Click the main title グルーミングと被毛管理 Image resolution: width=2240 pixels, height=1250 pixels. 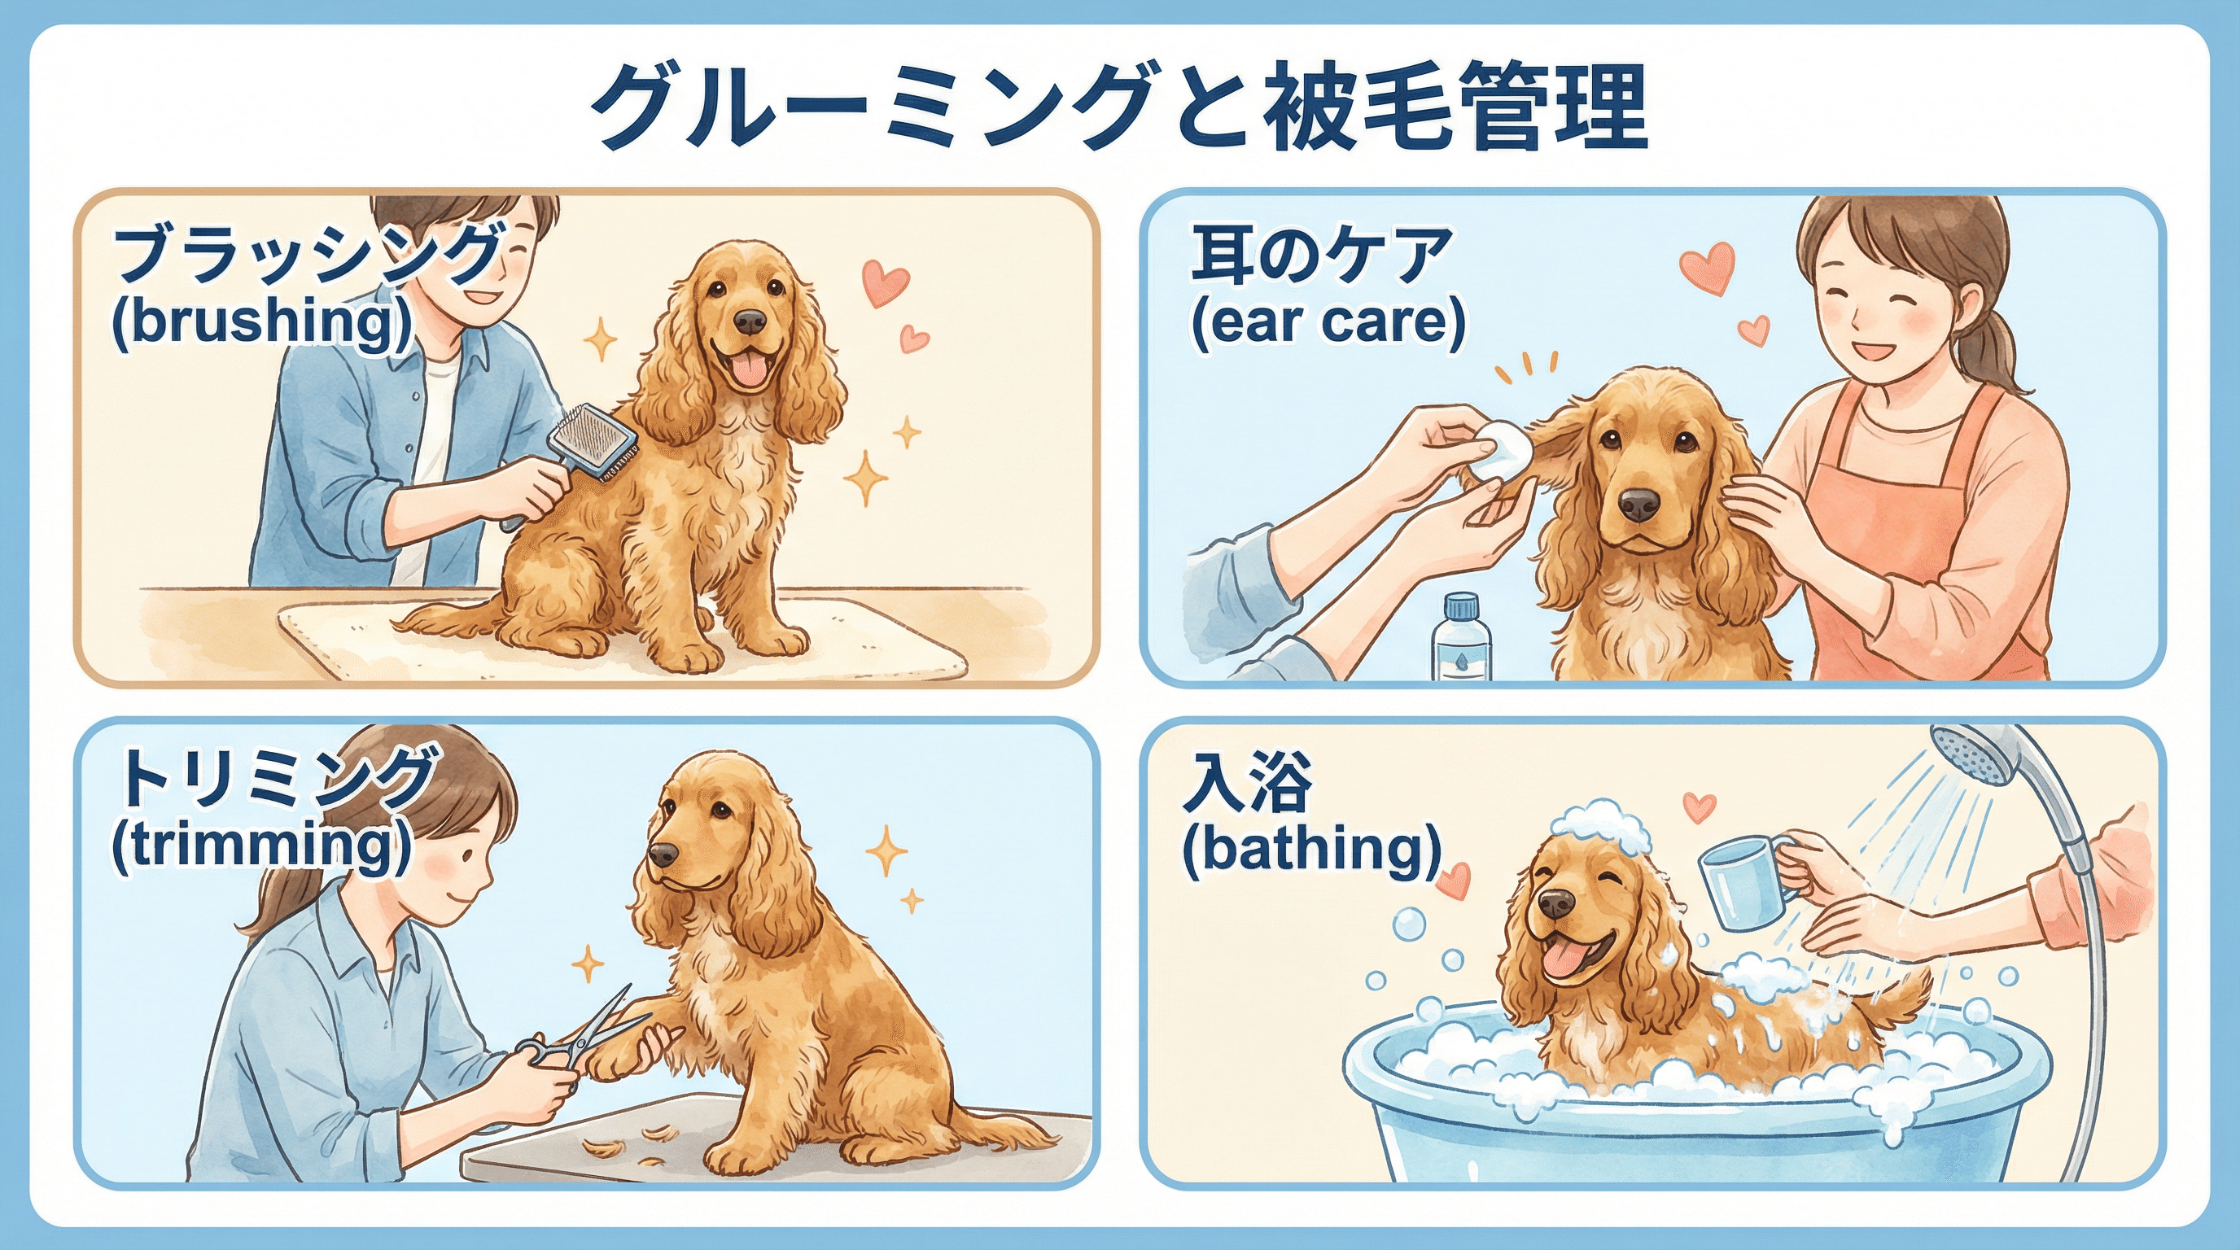click(x=1119, y=107)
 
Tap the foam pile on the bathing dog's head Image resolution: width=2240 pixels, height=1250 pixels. click(x=1602, y=826)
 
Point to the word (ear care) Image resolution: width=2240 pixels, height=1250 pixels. click(x=1328, y=322)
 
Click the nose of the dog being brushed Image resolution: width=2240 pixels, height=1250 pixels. click(x=749, y=321)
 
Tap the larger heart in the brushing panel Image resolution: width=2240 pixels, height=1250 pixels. click(x=886, y=282)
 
